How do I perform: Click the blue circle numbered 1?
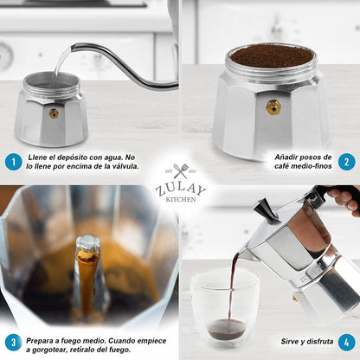pyautogui.click(x=13, y=161)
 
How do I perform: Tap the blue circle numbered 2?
pyautogui.click(x=345, y=161)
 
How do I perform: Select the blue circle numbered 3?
pyautogui.click(x=13, y=343)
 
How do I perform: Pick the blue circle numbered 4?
pyautogui.click(x=346, y=343)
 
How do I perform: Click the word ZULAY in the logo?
pyautogui.click(x=179, y=188)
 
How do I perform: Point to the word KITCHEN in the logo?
pyautogui.click(x=179, y=199)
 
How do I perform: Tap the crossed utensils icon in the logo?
pyautogui.click(x=180, y=171)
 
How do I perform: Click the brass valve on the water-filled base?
pyautogui.click(x=54, y=113)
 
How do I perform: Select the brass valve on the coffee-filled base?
pyautogui.click(x=273, y=107)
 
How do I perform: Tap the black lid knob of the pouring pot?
pyautogui.click(x=265, y=209)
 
